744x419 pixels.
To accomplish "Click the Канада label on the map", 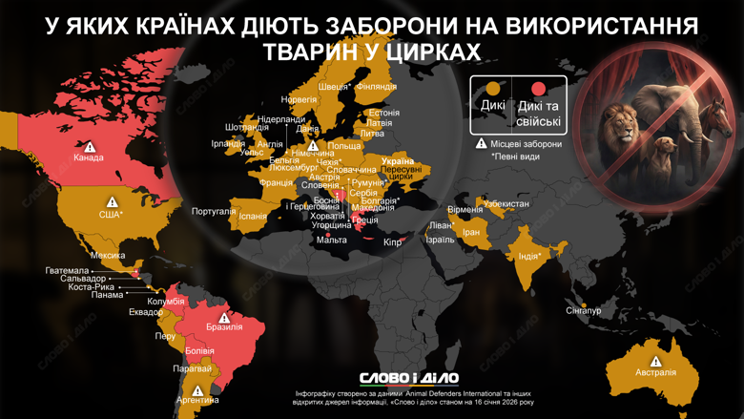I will [88, 158].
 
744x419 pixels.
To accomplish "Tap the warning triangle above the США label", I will [112, 202].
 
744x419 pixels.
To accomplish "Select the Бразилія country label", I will [224, 327].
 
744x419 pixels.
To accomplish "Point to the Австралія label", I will [655, 372].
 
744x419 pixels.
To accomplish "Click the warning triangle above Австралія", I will [655, 361].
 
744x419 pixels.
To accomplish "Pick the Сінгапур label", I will [583, 311].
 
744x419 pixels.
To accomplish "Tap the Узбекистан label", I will [506, 204].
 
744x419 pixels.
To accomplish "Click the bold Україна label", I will [398, 162].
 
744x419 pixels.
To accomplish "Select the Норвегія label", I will [300, 99].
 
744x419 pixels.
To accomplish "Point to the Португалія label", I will [214, 212].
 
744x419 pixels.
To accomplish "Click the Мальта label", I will [332, 241].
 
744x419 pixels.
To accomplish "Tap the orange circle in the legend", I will [493, 89].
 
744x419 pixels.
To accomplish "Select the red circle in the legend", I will [539, 89].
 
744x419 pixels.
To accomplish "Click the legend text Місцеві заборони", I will [527, 144].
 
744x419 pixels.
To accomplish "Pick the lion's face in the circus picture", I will [619, 125].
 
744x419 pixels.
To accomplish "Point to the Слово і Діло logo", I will [409, 379].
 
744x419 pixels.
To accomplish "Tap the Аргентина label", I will [197, 401].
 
